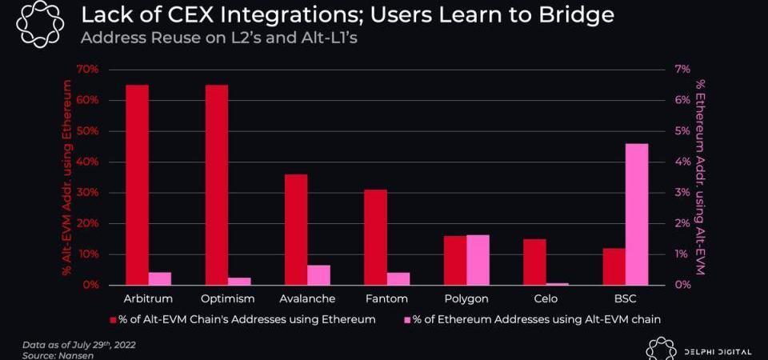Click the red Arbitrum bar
(137, 185)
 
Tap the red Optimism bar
(217, 185)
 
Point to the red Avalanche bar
(296, 230)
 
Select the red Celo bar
(534, 262)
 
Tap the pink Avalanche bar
(318, 274)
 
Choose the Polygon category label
(466, 298)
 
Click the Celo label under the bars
(546, 298)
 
